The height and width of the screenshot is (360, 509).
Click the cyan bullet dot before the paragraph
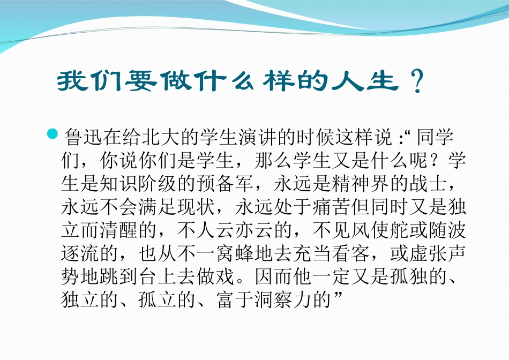tap(53, 133)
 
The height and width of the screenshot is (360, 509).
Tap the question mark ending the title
tap(413, 82)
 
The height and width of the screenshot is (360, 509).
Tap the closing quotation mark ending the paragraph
tap(338, 298)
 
